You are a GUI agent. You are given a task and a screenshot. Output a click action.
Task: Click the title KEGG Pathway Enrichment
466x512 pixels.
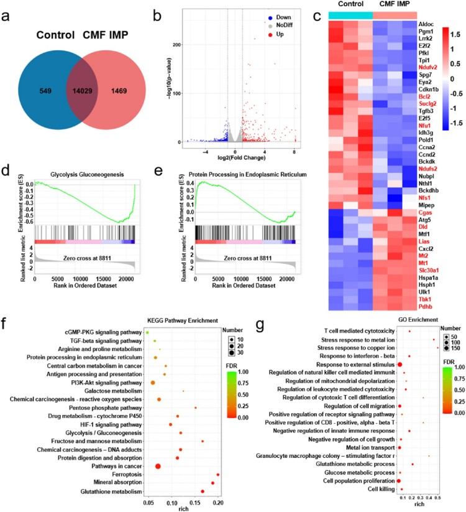[130, 319]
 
